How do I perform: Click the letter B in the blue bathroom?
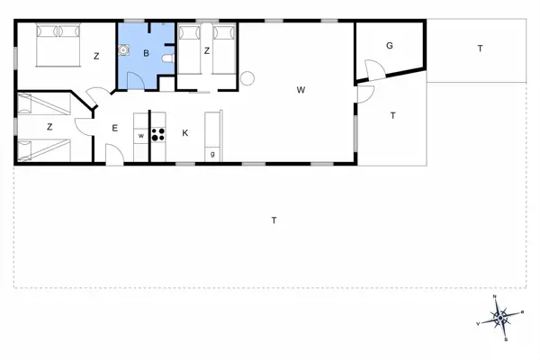point(146,54)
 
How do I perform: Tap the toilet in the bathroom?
point(166,59)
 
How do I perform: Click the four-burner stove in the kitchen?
point(158,136)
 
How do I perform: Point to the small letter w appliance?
point(141,136)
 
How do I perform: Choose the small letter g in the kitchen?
point(212,154)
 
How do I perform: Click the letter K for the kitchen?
point(185,133)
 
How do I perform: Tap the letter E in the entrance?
point(115,129)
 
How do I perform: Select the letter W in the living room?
point(302,89)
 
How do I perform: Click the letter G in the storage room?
point(390,45)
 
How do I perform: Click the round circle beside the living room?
point(247,79)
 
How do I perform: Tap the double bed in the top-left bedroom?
point(56,44)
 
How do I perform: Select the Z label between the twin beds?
point(206,50)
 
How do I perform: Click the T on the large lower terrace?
point(274,220)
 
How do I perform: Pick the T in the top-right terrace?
point(480,49)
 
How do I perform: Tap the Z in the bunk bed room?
point(49,127)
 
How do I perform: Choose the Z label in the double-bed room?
point(96,56)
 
